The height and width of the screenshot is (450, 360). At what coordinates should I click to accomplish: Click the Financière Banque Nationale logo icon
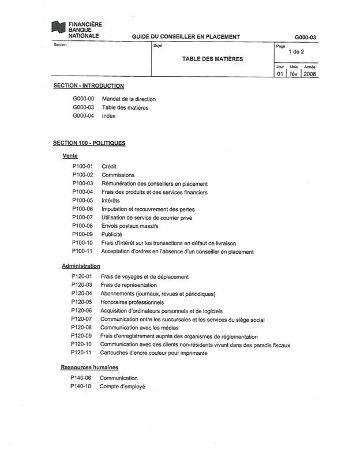(59, 27)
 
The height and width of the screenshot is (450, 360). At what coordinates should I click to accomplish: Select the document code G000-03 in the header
(305, 37)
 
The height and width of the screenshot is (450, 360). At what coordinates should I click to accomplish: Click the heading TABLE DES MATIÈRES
(213, 59)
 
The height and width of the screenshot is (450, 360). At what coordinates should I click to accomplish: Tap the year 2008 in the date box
(309, 74)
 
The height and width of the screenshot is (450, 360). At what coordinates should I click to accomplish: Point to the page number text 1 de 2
(296, 52)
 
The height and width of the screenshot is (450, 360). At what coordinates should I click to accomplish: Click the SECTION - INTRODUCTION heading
(88, 86)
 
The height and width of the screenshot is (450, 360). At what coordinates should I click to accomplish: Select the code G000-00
(84, 99)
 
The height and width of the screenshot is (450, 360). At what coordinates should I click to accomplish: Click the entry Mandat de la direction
(129, 99)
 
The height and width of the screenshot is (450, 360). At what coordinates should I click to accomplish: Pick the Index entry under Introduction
(108, 116)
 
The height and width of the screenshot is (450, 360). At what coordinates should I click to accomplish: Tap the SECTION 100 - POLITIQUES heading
(89, 143)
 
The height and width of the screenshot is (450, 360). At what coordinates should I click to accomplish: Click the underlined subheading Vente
(70, 156)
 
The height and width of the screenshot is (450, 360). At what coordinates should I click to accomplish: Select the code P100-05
(82, 200)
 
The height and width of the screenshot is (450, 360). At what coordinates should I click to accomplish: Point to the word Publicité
(111, 235)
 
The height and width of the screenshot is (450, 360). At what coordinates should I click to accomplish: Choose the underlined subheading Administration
(81, 266)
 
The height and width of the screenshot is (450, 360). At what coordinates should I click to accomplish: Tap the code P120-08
(81, 328)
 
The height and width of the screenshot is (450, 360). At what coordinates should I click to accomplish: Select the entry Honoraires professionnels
(132, 302)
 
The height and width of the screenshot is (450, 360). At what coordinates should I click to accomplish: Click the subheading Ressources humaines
(89, 367)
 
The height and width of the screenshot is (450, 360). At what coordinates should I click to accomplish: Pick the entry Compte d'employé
(122, 387)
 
